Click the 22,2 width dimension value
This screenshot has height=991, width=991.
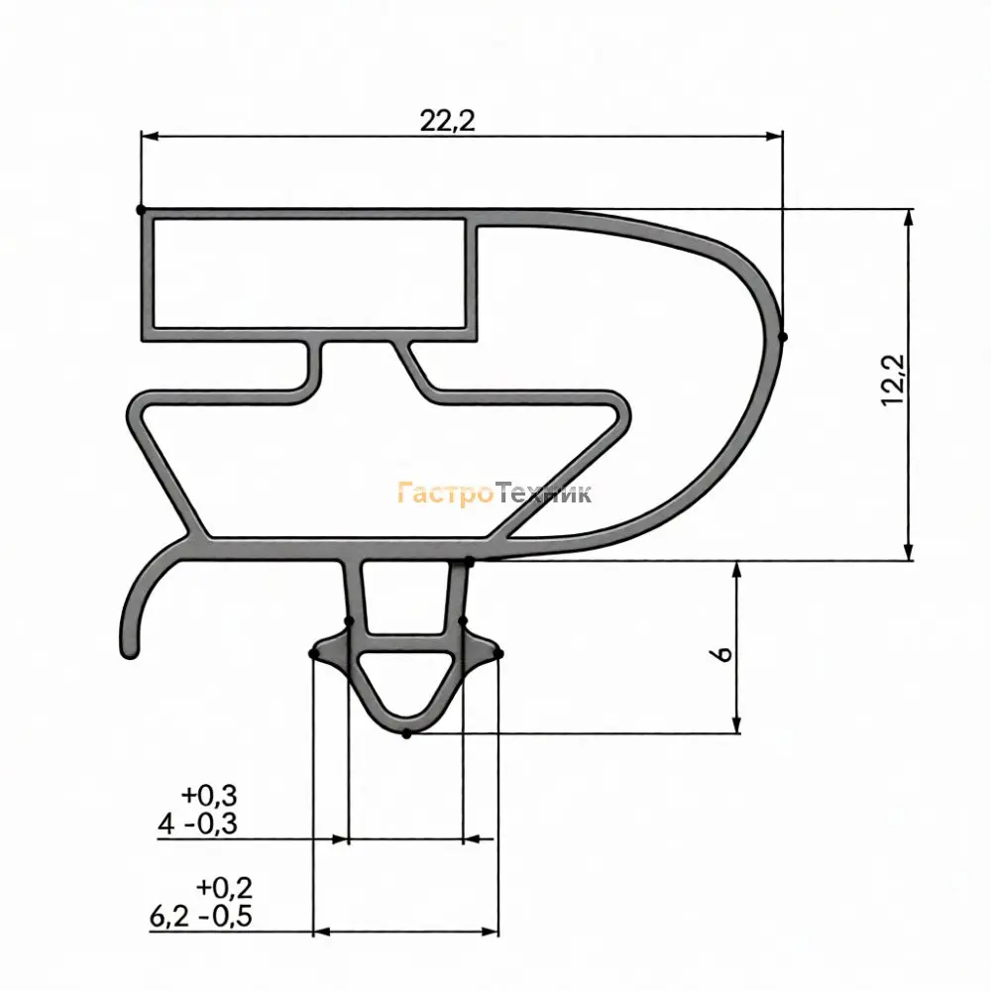tap(447, 121)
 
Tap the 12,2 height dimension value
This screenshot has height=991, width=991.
tap(894, 380)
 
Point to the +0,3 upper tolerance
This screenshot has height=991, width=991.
tap(209, 795)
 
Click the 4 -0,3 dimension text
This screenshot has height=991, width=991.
tap(197, 824)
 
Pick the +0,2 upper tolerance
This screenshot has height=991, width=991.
tap(224, 887)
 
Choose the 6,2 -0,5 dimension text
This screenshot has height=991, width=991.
tap(201, 916)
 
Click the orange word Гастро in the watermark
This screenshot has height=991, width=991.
tap(445, 494)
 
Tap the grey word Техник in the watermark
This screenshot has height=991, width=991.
tap(543, 493)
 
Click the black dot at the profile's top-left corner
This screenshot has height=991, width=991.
tap(141, 209)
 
